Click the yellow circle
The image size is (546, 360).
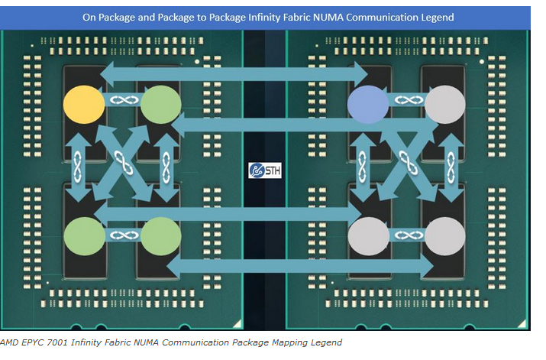point(84,105)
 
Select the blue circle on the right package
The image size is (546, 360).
point(368,105)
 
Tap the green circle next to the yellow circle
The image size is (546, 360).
point(161,105)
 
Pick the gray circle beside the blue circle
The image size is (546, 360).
point(445,105)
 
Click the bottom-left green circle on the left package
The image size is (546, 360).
point(85,236)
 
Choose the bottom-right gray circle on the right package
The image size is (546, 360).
point(445,236)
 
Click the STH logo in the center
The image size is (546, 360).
point(265,170)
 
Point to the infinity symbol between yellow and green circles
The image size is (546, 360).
point(124,100)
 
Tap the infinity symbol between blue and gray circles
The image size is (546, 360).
point(409,100)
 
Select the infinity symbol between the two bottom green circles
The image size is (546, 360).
point(124,235)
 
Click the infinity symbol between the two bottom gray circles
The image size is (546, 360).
point(409,235)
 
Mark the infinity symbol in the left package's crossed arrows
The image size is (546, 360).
point(124,163)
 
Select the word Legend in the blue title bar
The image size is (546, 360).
point(438,18)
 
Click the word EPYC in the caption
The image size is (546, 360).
point(32,342)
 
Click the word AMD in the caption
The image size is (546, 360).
point(9,342)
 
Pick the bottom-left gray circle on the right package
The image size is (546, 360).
point(368,236)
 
